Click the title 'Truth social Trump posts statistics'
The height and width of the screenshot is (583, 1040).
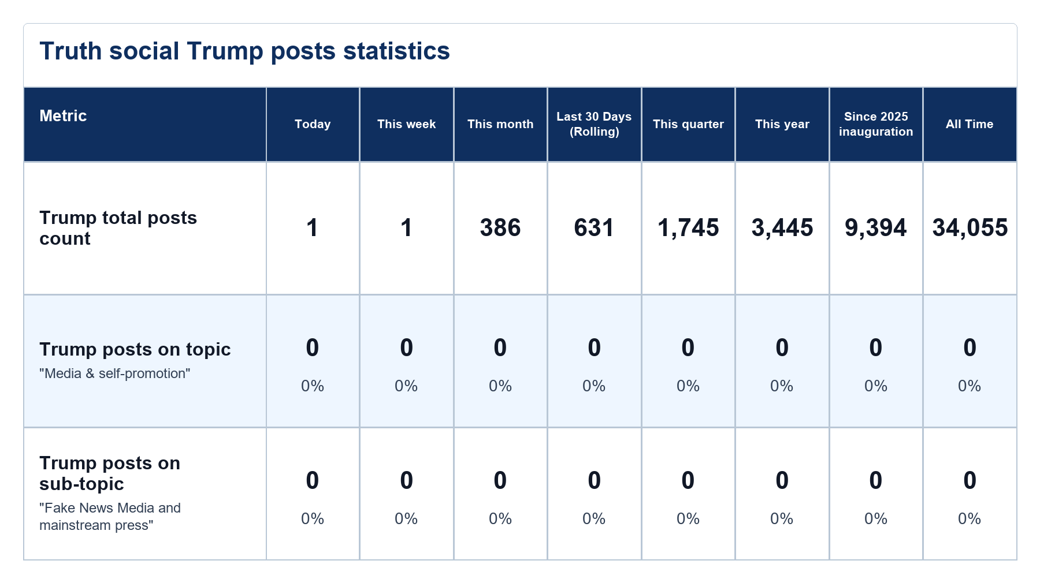point(244,51)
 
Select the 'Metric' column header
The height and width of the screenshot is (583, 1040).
point(63,116)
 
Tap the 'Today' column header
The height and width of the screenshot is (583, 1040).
point(313,124)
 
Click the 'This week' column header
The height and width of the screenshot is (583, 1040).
point(406,124)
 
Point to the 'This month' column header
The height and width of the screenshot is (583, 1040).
point(500,124)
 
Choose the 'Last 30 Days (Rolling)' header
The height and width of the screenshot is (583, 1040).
point(594,124)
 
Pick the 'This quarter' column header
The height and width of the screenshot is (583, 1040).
point(688,124)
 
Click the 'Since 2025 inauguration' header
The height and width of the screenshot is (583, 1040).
point(876,124)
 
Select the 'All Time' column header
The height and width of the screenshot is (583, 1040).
point(970,124)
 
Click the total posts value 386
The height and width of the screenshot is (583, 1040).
point(500,228)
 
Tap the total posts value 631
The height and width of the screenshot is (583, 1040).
point(594,228)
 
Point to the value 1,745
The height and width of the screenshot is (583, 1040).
point(688,228)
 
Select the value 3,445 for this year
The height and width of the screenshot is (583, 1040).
point(782,228)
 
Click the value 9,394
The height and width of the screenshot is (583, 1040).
point(876,228)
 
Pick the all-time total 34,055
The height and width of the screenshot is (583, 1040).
point(970,228)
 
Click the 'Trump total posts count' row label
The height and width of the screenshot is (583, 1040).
point(118,228)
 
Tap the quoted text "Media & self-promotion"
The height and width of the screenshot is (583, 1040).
point(115,373)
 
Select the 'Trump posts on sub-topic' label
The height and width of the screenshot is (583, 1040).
point(110,473)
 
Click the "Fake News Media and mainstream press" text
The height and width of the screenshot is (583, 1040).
point(110,517)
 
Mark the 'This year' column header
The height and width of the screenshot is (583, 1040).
point(782,124)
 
